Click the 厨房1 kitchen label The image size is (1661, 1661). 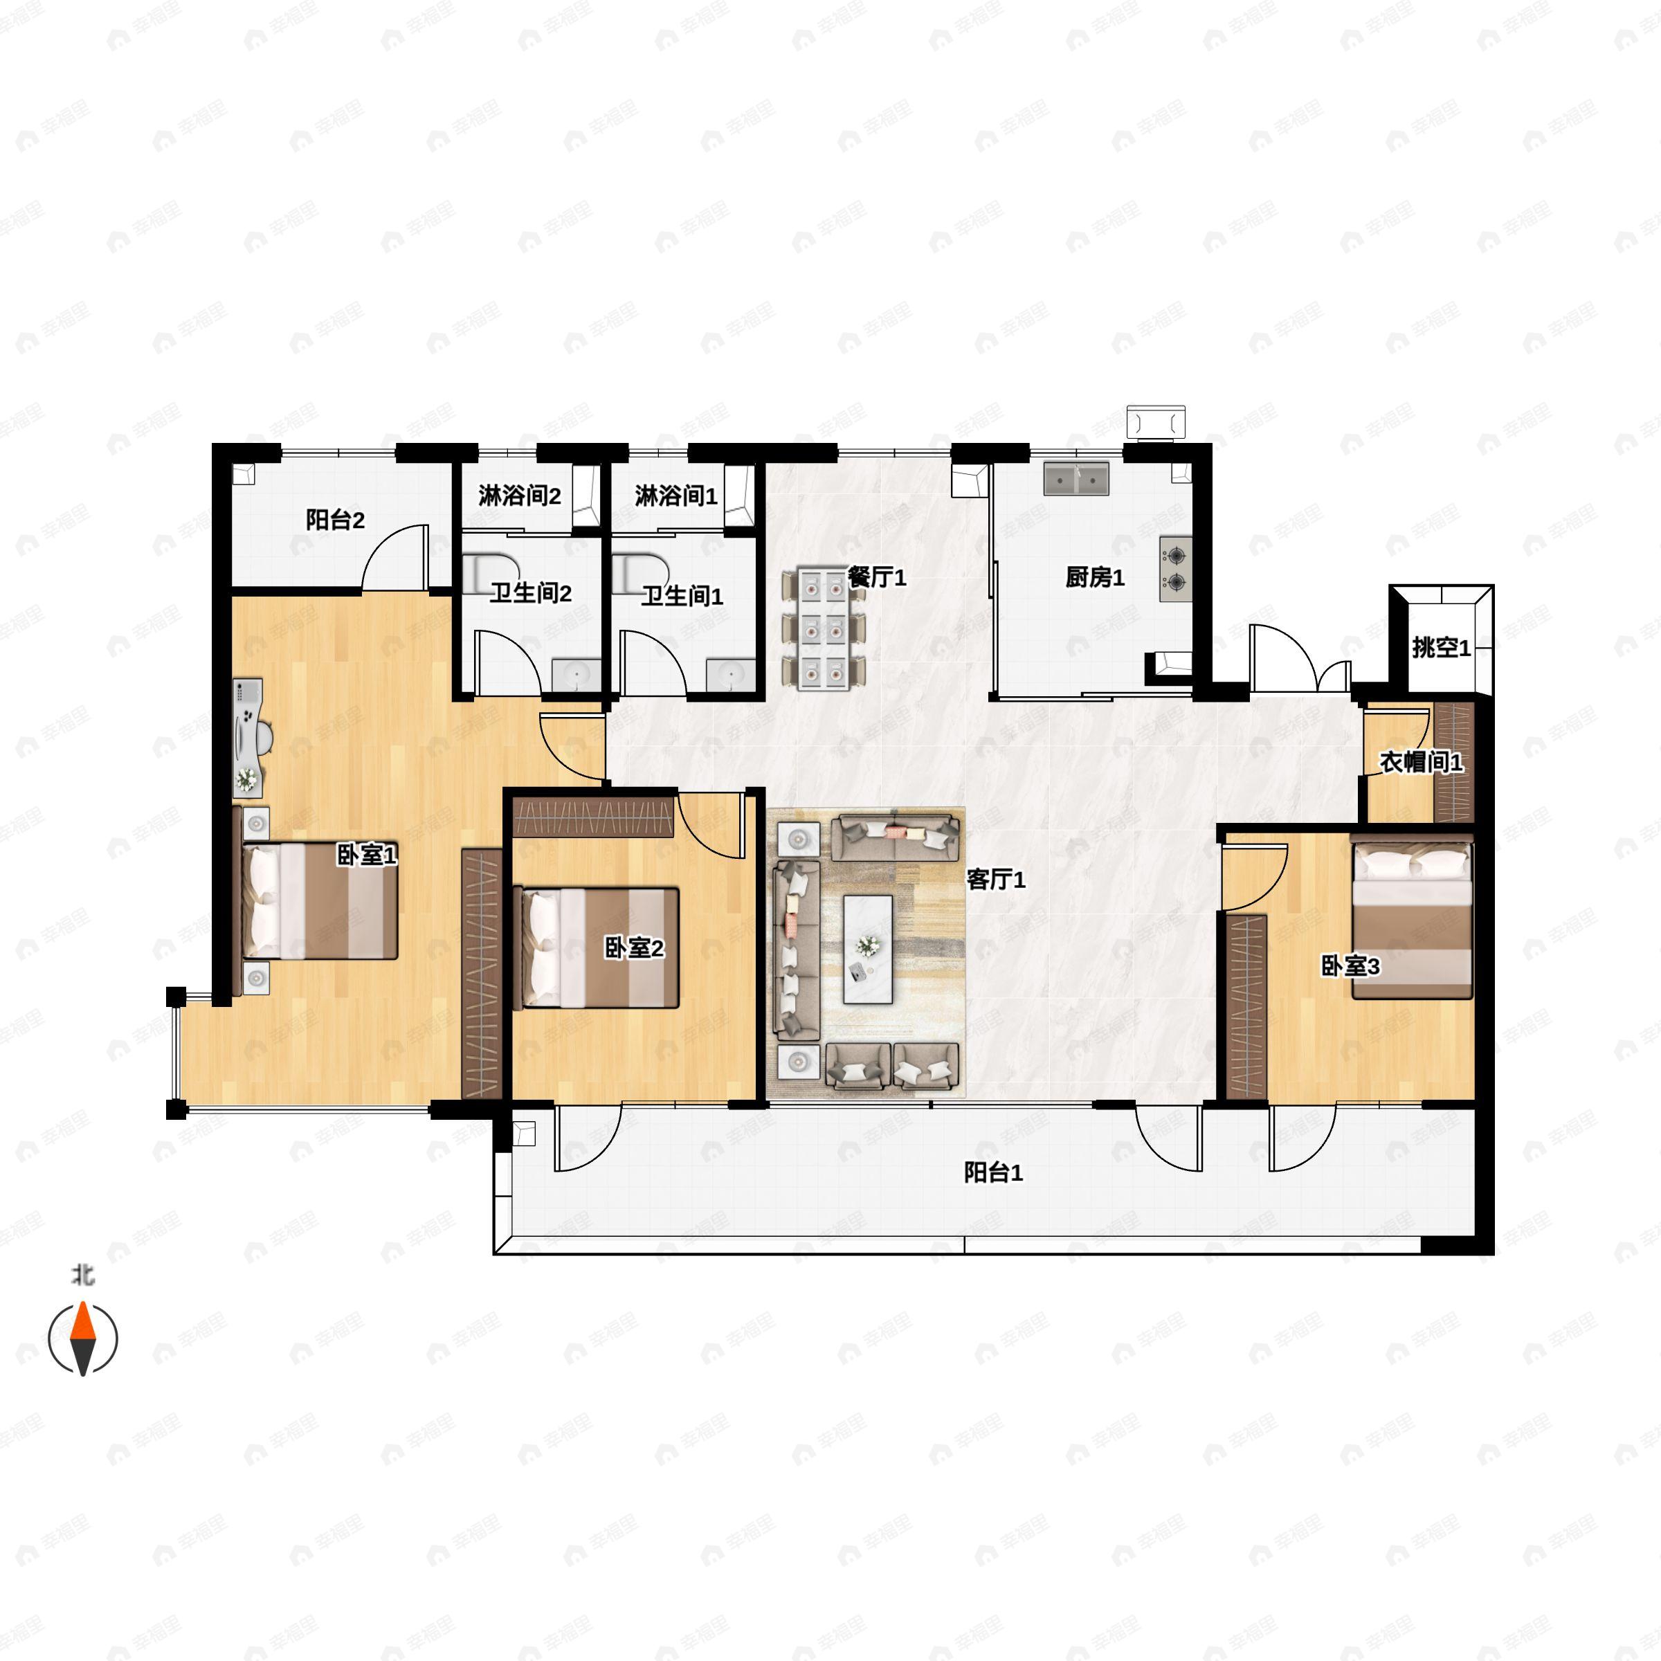(x=1094, y=578)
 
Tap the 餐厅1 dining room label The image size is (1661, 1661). (x=877, y=578)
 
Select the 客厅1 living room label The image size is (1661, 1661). (x=996, y=880)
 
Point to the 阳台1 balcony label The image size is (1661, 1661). (x=993, y=1172)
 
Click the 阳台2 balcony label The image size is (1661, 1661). (x=335, y=520)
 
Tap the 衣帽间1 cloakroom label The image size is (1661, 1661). (x=1421, y=762)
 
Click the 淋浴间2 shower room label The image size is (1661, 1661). (x=519, y=496)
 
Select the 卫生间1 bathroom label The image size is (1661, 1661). (x=682, y=596)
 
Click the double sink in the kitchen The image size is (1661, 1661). (x=1076, y=479)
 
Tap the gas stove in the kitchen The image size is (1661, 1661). (x=1175, y=569)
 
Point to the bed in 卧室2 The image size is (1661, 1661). (x=597, y=947)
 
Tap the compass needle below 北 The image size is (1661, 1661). (x=82, y=1338)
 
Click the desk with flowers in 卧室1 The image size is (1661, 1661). (x=248, y=737)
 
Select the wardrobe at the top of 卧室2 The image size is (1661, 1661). (x=593, y=817)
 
